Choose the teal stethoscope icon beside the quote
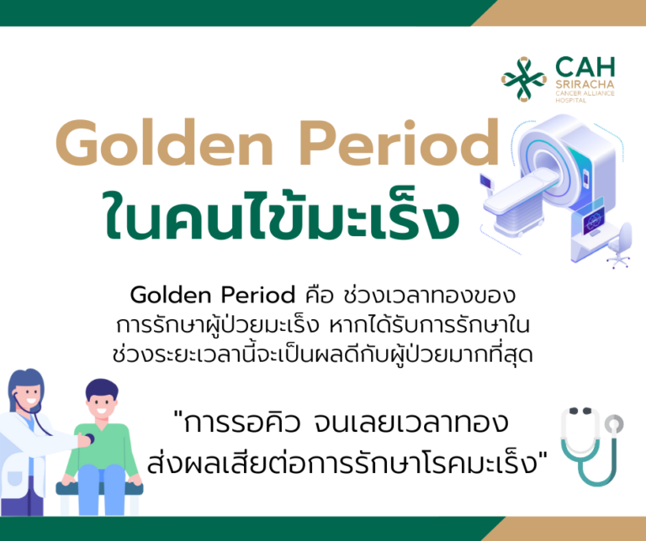(592, 444)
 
